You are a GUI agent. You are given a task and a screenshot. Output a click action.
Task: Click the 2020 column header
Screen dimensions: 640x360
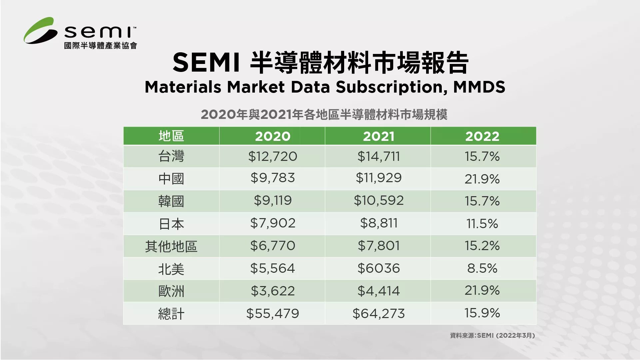[273, 136]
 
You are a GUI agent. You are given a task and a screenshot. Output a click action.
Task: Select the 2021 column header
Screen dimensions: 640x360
[378, 136]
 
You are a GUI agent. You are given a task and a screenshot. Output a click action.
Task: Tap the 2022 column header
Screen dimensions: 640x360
[482, 136]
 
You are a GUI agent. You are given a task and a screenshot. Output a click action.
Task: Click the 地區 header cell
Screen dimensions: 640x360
[171, 136]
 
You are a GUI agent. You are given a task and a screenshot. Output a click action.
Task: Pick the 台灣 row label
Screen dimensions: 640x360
[171, 156]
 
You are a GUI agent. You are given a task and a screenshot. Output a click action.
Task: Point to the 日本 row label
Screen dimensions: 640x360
[171, 224]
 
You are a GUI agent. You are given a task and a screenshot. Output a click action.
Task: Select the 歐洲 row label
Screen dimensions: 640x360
[171, 291]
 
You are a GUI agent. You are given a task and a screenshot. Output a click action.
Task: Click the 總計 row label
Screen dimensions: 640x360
[171, 314]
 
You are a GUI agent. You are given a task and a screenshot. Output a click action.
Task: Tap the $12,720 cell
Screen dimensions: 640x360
[273, 156]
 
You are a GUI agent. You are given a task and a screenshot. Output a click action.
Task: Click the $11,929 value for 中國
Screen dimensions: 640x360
[378, 178]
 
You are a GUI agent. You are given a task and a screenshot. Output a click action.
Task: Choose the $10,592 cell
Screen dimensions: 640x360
[378, 200]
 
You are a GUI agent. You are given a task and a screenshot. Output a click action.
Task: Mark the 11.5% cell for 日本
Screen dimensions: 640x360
[482, 223]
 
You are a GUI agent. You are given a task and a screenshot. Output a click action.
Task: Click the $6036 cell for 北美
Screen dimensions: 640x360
[378, 268]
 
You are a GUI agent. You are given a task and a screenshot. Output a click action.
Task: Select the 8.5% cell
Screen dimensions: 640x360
[482, 268]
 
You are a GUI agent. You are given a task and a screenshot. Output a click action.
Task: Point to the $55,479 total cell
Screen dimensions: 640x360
[273, 314]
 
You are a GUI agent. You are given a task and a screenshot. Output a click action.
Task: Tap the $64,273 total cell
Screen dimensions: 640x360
[378, 314]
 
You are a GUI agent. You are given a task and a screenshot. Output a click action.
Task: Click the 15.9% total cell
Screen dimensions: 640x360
[482, 313]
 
